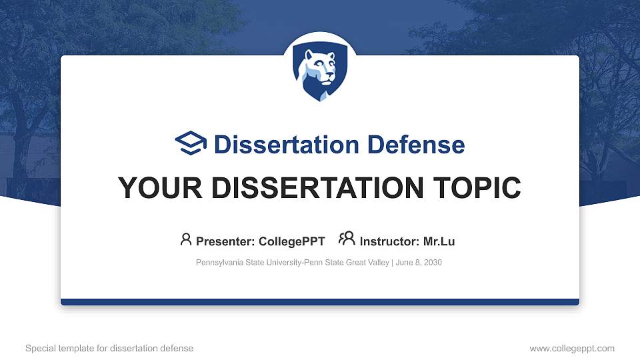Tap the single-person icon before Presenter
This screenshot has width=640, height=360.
186,239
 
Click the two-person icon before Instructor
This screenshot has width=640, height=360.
347,239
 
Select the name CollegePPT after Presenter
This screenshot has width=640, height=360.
292,241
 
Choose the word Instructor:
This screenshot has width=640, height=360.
389,241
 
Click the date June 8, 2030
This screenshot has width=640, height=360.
419,263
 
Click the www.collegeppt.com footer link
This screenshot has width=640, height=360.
571,348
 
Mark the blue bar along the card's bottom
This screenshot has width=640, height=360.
320,302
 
